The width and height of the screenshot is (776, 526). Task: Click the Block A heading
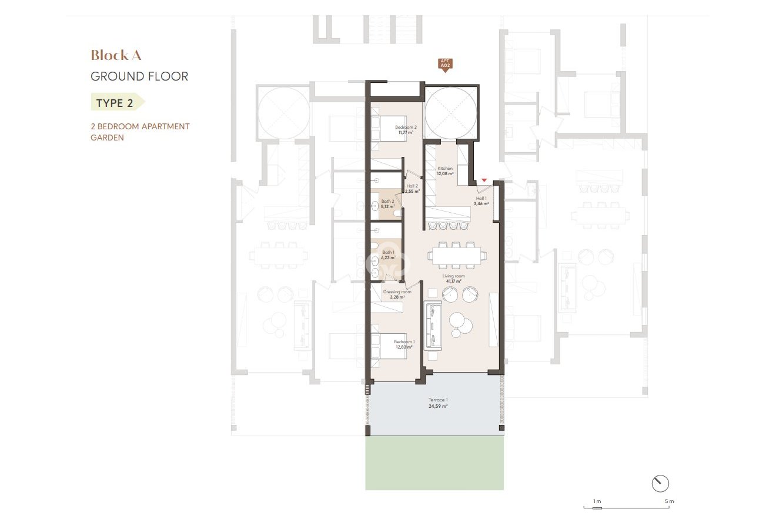pyautogui.click(x=116, y=55)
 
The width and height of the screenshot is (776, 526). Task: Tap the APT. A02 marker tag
pyautogui.click(x=445, y=65)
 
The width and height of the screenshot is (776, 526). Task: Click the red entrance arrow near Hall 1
pyautogui.click(x=484, y=180)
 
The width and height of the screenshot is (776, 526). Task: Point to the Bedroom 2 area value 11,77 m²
pyautogui.click(x=406, y=133)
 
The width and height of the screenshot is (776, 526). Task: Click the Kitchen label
pyautogui.click(x=445, y=168)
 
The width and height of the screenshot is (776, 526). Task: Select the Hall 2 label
pyautogui.click(x=412, y=186)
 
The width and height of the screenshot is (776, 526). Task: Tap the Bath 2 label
pyautogui.click(x=387, y=201)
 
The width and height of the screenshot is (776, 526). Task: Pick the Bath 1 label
pyautogui.click(x=388, y=253)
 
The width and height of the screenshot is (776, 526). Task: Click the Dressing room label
pyautogui.click(x=397, y=292)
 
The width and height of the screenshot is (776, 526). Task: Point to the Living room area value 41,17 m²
pyautogui.click(x=453, y=281)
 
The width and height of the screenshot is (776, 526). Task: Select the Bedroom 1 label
pyautogui.click(x=404, y=341)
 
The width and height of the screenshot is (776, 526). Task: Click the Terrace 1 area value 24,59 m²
pyautogui.click(x=437, y=406)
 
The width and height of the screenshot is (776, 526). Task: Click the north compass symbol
pyautogui.click(x=660, y=483)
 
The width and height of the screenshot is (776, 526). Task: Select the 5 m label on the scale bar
pyautogui.click(x=669, y=501)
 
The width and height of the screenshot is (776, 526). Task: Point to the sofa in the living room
pyautogui.click(x=433, y=326)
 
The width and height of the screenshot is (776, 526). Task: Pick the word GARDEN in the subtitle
pyautogui.click(x=107, y=138)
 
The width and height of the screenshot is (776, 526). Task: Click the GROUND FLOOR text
pyautogui.click(x=139, y=76)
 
